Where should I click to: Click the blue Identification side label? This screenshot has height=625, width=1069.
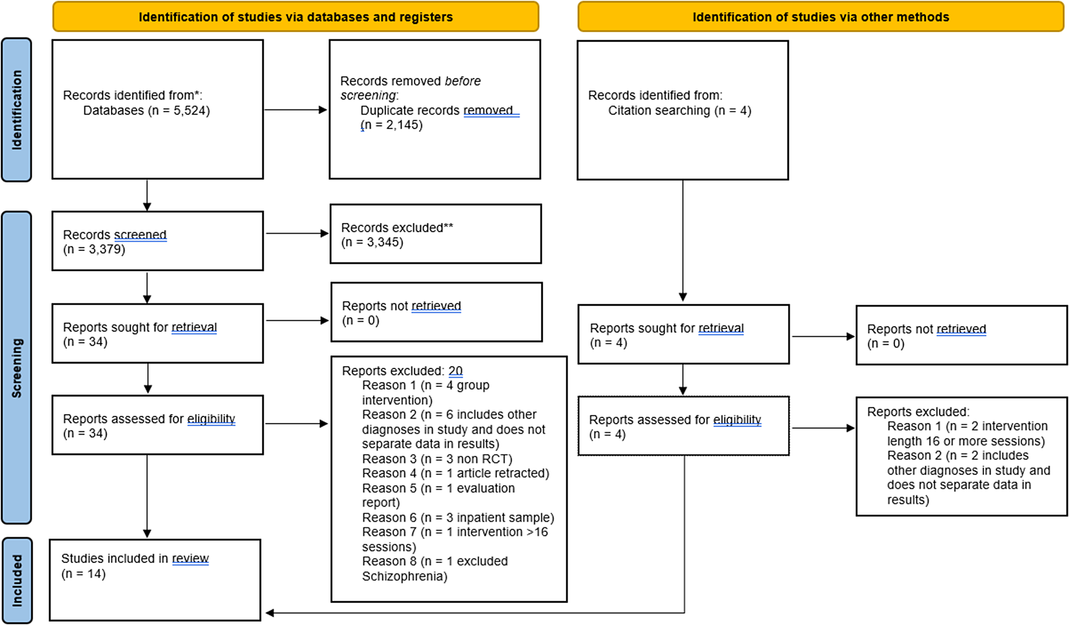pyautogui.click(x=16, y=110)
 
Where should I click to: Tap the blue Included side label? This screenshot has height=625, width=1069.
pyautogui.click(x=17, y=580)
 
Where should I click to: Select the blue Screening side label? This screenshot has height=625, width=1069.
pyautogui.click(x=16, y=368)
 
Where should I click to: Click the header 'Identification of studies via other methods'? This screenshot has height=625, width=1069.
pyautogui.click(x=821, y=17)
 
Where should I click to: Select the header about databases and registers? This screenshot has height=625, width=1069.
pyautogui.click(x=296, y=17)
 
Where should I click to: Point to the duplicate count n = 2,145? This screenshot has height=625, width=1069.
pyautogui.click(x=392, y=125)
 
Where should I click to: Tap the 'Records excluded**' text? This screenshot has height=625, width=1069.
pyautogui.click(x=397, y=228)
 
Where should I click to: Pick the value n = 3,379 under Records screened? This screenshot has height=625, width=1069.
pyautogui.click(x=94, y=249)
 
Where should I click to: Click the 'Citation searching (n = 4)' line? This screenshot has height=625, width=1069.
pyautogui.click(x=680, y=110)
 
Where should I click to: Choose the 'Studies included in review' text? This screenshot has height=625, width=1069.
pyautogui.click(x=135, y=558)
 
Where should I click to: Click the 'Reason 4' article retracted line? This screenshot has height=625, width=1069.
pyautogui.click(x=456, y=473)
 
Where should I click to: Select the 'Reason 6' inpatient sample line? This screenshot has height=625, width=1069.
pyautogui.click(x=459, y=518)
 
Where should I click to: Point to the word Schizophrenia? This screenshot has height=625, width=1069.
pyautogui.click(x=405, y=577)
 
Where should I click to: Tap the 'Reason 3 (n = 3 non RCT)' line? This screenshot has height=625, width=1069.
pyautogui.click(x=438, y=459)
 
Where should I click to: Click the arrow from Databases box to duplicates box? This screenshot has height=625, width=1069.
pyautogui.click(x=296, y=110)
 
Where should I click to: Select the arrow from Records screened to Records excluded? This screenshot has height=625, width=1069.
pyautogui.click(x=297, y=233)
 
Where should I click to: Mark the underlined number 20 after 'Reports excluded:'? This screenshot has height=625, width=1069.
pyautogui.click(x=455, y=371)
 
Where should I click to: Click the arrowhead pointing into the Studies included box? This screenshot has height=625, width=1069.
pyautogui.click(x=270, y=613)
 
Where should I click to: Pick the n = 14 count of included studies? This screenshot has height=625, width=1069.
pyautogui.click(x=83, y=574)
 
